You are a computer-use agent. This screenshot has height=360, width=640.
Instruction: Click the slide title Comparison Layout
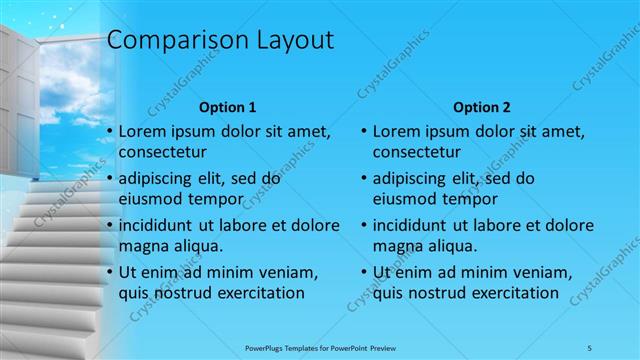point(220,41)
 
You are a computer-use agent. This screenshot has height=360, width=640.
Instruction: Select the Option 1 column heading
point(228,106)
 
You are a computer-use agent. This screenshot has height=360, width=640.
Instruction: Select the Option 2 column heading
point(482,106)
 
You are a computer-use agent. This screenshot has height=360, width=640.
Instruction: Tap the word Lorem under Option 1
point(141,131)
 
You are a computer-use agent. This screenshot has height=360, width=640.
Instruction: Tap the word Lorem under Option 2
point(396,131)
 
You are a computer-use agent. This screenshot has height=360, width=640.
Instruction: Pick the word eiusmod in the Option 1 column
point(151,200)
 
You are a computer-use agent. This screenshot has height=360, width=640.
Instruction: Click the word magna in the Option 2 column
point(397,247)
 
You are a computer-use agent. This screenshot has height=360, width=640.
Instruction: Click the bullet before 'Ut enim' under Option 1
point(109,273)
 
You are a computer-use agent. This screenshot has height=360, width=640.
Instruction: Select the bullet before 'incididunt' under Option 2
point(364,226)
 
